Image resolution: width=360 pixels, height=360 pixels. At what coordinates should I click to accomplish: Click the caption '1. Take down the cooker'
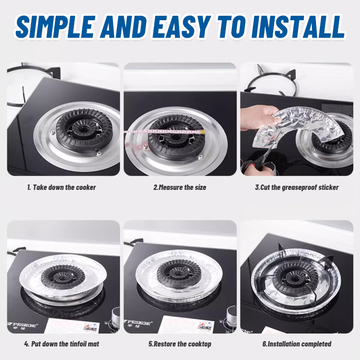(x=61, y=187)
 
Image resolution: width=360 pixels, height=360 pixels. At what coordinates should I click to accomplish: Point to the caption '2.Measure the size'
(x=180, y=187)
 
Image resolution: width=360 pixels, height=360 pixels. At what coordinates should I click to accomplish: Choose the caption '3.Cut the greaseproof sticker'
(x=297, y=187)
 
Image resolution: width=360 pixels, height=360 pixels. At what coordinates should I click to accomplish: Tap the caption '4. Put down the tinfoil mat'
(x=61, y=344)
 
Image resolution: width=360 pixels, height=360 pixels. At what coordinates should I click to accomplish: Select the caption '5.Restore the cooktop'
(x=180, y=344)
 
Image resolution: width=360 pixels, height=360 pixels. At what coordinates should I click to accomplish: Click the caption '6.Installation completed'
(x=297, y=344)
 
